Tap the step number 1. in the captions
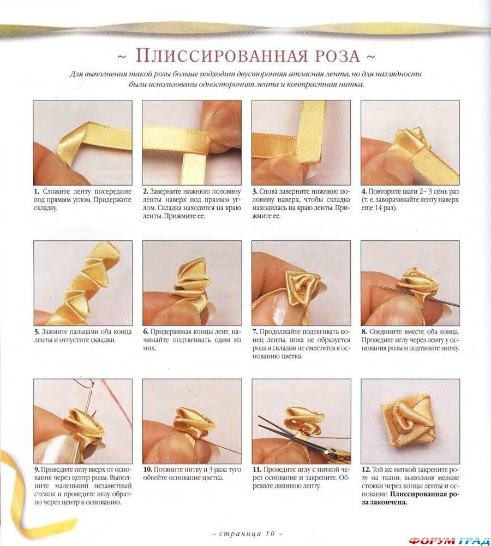tap(37, 192)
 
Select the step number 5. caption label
tap(37, 331)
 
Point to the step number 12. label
tap(366, 469)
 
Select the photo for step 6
tap(191, 282)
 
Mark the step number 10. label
tap(147, 469)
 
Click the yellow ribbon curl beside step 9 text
tap(22, 491)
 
